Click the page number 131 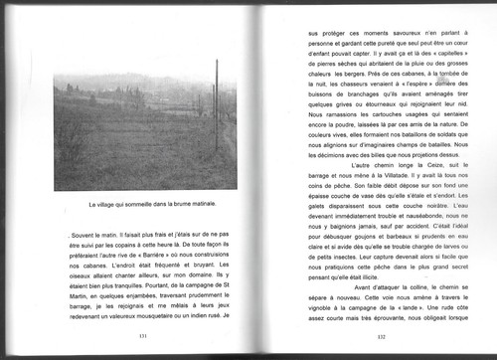(143, 337)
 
